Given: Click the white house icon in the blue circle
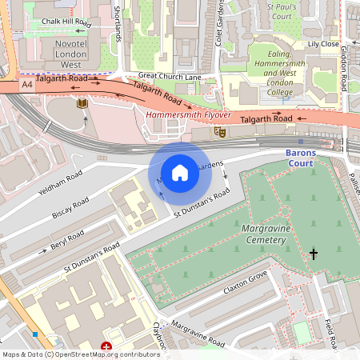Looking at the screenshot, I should click(180, 172).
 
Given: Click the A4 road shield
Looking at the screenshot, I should click(27, 83).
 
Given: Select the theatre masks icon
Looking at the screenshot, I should click(220, 132).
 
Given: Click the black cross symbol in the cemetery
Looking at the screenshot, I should click(314, 254).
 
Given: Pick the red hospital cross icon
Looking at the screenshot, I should click(106, 347).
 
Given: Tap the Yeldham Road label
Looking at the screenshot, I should click(61, 185).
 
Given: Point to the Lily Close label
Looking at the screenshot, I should click(324, 44).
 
